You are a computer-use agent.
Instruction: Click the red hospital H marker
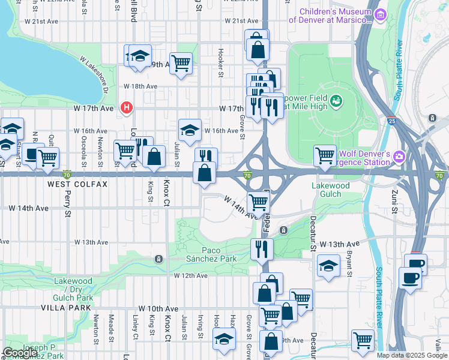pos(127,108)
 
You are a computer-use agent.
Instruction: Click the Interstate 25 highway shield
pos(391,121)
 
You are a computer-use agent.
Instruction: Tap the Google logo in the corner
pos(20,352)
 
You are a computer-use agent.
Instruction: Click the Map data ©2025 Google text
pos(411,355)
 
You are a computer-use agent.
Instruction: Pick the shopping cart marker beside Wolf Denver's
pos(325,155)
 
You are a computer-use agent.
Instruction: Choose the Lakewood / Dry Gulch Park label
pos(73,289)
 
